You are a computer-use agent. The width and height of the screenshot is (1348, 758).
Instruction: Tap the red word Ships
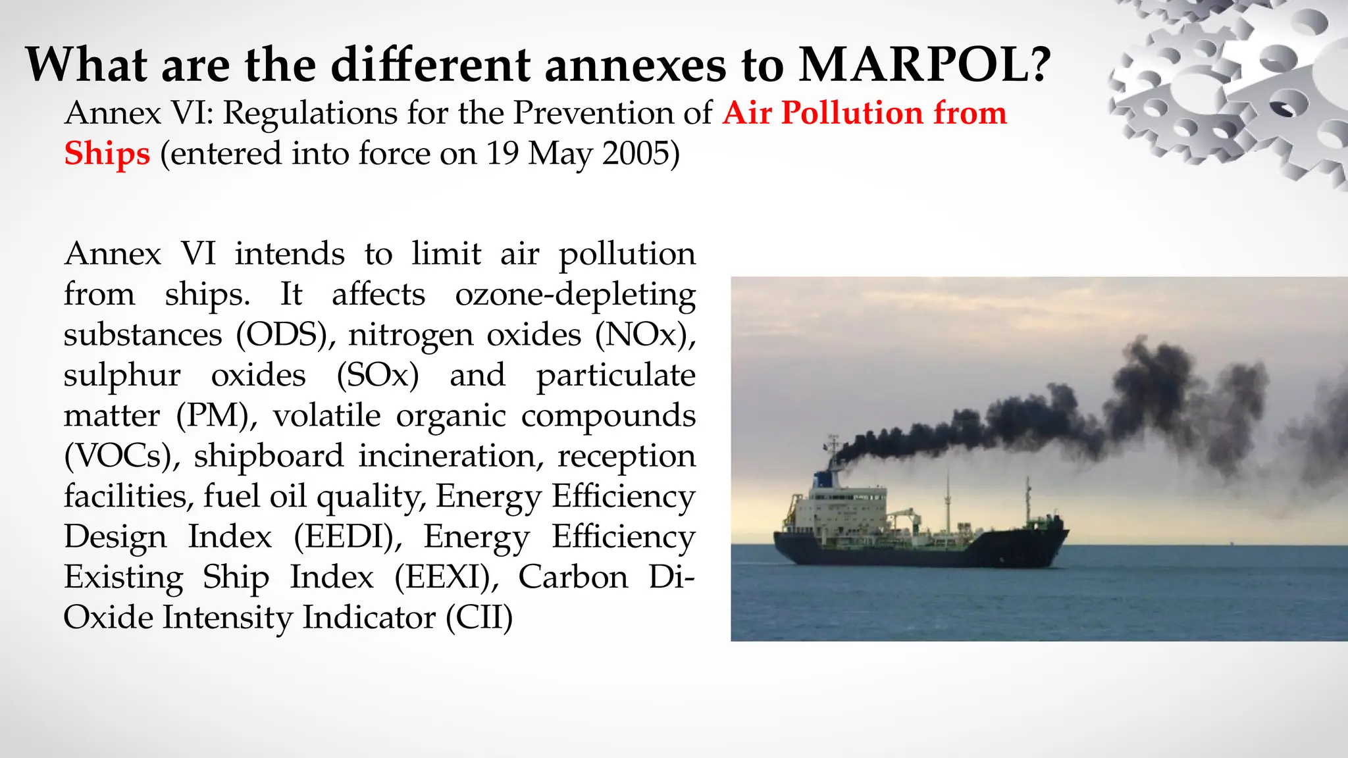point(107,154)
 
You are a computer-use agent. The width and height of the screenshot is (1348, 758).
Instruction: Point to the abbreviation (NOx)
point(645,335)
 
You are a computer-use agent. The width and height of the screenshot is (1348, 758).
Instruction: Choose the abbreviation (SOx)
point(378,376)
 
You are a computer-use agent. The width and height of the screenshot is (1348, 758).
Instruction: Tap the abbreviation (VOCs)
point(122,456)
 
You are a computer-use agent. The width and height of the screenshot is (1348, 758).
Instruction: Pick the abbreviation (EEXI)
point(446,577)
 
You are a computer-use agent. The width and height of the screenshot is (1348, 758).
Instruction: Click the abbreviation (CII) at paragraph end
point(479,618)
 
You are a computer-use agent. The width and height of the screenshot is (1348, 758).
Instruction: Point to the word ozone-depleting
point(575,295)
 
